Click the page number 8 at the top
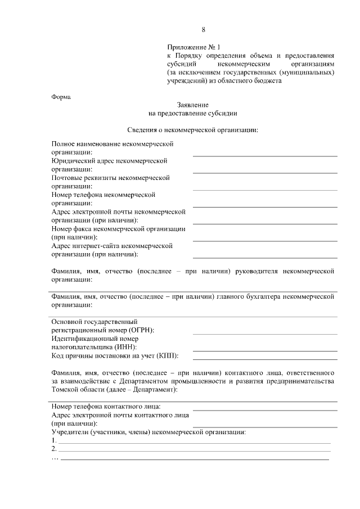pyautogui.click(x=204, y=29)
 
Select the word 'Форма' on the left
pyautogui.click(x=61, y=97)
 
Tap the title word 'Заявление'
pyautogui.click(x=192, y=105)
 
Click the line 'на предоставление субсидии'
pyautogui.click(x=192, y=113)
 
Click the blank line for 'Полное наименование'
pyautogui.click(x=265, y=154)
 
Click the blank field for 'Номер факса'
pyautogui.click(x=265, y=240)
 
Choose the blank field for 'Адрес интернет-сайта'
pyautogui.click(x=265, y=256)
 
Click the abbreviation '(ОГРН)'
pyautogui.click(x=141, y=330)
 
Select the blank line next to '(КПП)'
pyautogui.click(x=265, y=358)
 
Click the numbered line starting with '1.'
pyautogui.click(x=194, y=442)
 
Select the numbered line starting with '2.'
pyautogui.click(x=194, y=451)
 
